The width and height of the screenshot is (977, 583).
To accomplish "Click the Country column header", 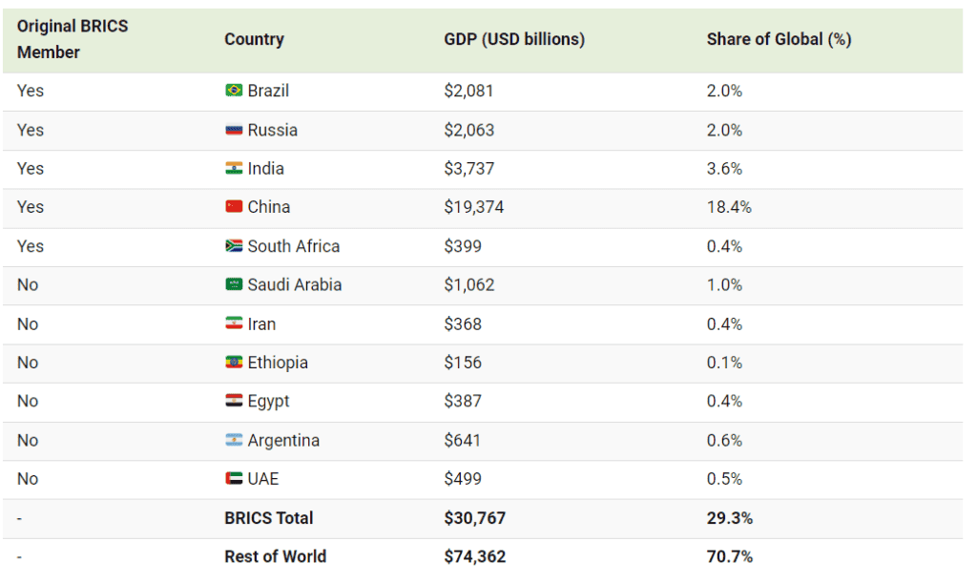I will tap(254, 39).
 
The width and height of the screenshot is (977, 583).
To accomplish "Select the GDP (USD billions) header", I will tap(514, 39).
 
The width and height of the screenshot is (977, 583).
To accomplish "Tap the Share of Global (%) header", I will tap(779, 39).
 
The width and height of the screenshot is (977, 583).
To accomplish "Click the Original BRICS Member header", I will tap(73, 39).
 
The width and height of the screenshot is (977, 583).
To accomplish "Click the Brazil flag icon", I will tap(234, 91).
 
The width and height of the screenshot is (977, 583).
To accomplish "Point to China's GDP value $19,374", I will tap(475, 207).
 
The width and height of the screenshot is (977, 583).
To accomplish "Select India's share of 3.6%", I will tap(724, 169).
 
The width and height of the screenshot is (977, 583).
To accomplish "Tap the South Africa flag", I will tap(234, 246).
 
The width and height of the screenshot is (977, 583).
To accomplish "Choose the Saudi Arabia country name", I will tap(294, 284).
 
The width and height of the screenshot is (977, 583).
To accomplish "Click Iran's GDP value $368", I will tap(463, 324).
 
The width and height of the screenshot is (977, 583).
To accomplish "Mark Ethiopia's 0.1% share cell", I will tap(724, 363).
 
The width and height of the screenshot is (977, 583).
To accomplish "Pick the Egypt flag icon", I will tap(234, 402).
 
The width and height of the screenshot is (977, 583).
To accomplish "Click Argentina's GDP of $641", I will tap(463, 441).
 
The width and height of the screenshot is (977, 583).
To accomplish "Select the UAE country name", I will tap(263, 479).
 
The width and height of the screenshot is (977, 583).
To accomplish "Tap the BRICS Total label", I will tap(268, 518).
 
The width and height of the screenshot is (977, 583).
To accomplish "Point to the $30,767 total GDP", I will tap(474, 518).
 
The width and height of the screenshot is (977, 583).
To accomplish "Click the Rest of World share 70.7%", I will tap(730, 556).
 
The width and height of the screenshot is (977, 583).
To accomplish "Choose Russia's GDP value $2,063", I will tap(469, 130).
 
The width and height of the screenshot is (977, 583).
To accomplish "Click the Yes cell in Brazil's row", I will tap(31, 91).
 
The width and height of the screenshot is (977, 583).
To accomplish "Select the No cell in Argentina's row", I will tap(28, 441).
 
